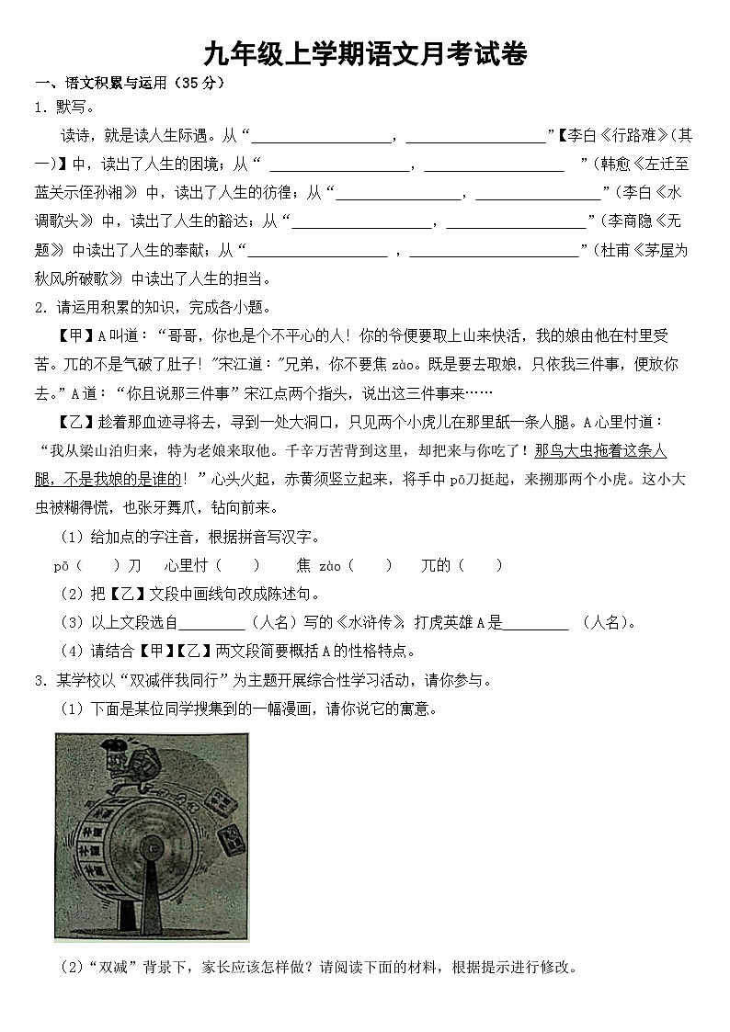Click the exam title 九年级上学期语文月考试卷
click(365, 54)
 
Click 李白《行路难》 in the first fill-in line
click(612, 136)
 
